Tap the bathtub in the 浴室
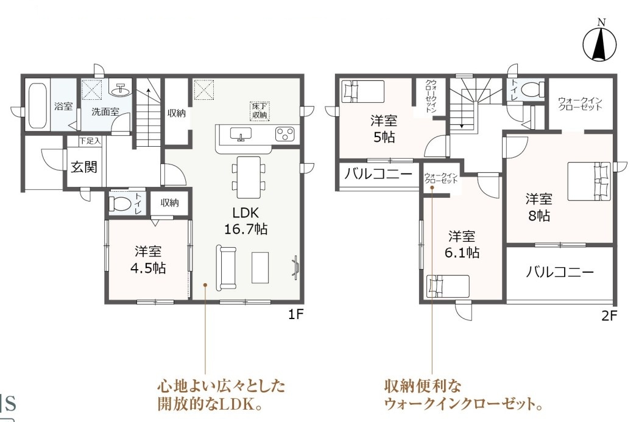click(38, 105)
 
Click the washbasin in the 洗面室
click(121, 90)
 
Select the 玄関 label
click(84, 167)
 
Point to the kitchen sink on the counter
click(241, 134)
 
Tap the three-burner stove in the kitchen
click(284, 134)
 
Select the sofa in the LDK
click(226, 267)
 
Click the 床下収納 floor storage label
click(259, 111)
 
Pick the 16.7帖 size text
click(245, 229)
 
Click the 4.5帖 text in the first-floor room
click(147, 268)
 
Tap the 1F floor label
click(296, 314)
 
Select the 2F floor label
click(609, 315)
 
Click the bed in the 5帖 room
click(363, 91)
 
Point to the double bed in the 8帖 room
click(589, 181)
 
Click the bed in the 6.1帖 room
click(448, 286)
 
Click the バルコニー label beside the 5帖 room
click(378, 175)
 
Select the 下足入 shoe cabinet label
click(90, 141)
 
